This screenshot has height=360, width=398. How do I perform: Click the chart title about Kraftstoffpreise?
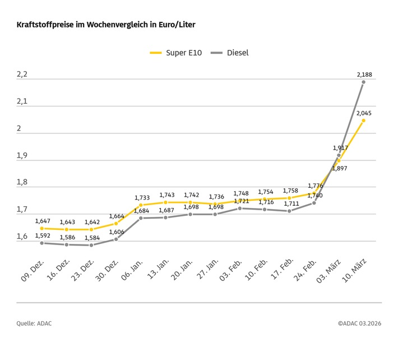click(106, 25)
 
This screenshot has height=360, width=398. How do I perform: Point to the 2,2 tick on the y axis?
click(22, 75)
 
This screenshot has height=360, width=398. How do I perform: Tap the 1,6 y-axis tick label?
click(22, 237)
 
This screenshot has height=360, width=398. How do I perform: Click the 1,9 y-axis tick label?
click(22, 156)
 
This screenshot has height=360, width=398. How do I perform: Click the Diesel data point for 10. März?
click(363, 82)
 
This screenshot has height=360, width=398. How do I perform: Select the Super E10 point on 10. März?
click(363, 120)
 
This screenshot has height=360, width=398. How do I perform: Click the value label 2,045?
click(363, 113)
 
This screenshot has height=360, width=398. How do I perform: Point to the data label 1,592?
click(43, 236)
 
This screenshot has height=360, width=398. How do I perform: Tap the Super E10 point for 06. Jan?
click(141, 205)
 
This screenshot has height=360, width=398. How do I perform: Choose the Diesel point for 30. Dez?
click(116, 239)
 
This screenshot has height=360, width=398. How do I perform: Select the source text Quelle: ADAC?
click(34, 324)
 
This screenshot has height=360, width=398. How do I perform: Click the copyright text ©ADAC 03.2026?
click(359, 324)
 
